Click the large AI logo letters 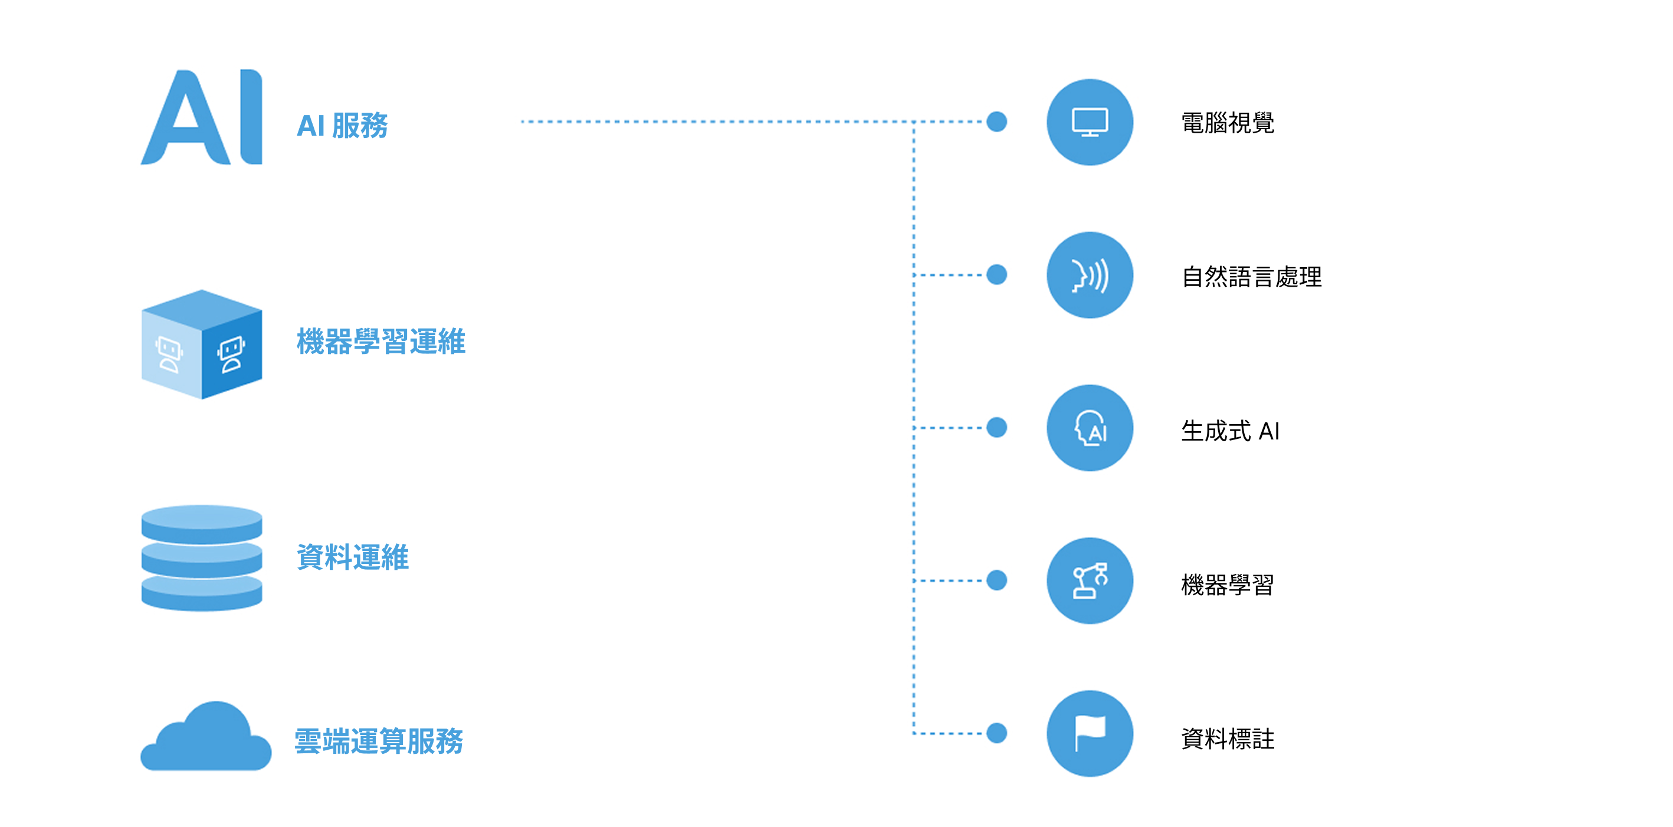(x=201, y=117)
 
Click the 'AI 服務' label (x=342, y=126)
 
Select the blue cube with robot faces (x=202, y=344)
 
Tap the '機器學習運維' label (x=380, y=341)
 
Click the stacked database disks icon (x=202, y=558)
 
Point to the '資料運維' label (x=353, y=557)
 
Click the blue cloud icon (x=206, y=736)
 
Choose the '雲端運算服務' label (x=379, y=741)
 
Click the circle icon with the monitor (x=1090, y=122)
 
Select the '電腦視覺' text (x=1228, y=123)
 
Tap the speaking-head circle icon (x=1090, y=275)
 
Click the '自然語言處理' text (x=1251, y=277)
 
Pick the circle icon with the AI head (x=1090, y=428)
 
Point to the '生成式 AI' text (x=1230, y=431)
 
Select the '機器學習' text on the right (x=1228, y=585)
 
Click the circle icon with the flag (x=1090, y=733)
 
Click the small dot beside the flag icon (x=996, y=733)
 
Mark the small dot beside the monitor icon (x=996, y=122)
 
